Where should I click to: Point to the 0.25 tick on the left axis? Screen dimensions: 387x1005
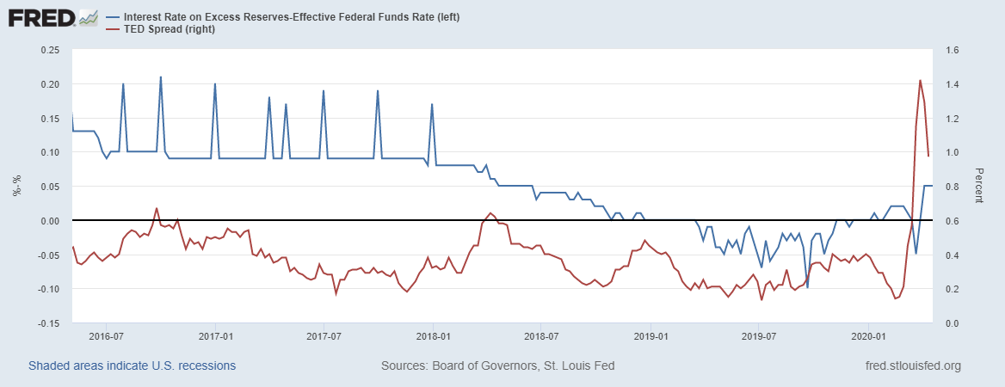[49, 50]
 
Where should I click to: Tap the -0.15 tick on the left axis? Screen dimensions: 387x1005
[47, 323]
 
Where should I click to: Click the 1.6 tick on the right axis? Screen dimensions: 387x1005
[951, 50]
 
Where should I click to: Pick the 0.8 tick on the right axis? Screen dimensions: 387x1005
[951, 187]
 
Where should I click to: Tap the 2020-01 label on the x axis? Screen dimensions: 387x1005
[869, 336]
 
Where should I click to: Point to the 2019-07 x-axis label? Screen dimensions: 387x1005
[760, 336]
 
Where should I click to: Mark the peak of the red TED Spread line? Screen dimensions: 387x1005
[921, 81]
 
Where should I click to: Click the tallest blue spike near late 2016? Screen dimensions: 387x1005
[161, 77]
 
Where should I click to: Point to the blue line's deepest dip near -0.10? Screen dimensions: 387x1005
[807, 287]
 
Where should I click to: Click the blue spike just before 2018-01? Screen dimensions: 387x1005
[432, 105]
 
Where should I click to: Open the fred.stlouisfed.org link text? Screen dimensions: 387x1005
[913, 366]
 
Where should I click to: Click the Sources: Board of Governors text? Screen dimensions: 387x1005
[497, 366]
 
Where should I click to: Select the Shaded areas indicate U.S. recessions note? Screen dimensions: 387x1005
[132, 366]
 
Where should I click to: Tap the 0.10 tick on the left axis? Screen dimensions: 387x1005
[49, 152]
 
